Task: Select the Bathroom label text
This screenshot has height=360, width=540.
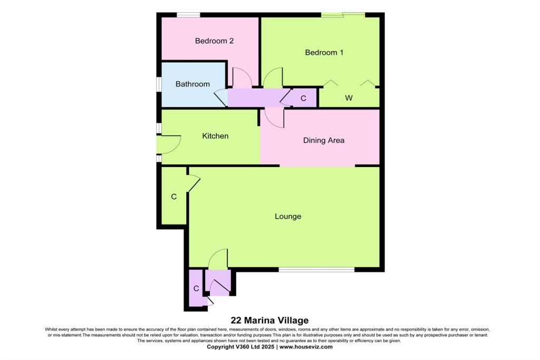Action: click(x=192, y=84)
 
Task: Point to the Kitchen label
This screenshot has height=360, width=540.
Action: click(x=215, y=136)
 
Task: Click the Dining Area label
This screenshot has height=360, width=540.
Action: click(x=323, y=140)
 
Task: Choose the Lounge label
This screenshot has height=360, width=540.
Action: click(x=287, y=216)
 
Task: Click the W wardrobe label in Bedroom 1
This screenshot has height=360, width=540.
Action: click(x=349, y=98)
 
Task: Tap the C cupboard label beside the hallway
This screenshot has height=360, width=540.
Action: click(x=303, y=98)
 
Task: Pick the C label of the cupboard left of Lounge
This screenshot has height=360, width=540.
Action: click(x=173, y=197)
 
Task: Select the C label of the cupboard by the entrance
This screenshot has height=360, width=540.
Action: click(x=196, y=288)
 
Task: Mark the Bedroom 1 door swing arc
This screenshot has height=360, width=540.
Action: click(x=273, y=77)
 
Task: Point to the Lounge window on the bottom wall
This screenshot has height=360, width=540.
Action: click(x=316, y=270)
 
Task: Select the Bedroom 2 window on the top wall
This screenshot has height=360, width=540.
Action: click(x=188, y=15)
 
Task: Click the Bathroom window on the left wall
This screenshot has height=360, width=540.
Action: click(x=158, y=84)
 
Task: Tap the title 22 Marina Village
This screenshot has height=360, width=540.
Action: click(x=269, y=320)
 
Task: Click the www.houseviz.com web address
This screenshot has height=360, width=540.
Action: click(x=306, y=347)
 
